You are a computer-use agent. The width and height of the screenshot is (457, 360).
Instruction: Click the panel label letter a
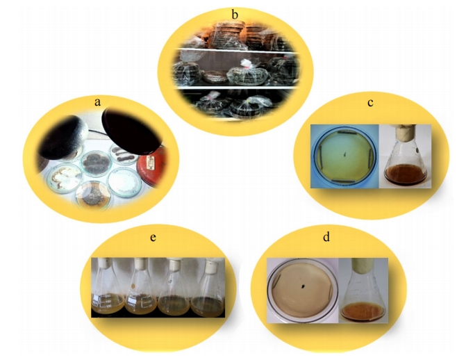coord(97,102)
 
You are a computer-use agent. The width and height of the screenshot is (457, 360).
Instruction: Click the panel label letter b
coord(235,15)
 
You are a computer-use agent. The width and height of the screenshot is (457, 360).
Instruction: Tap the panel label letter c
coord(370,103)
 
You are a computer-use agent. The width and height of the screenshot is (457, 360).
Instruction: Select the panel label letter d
coord(326,236)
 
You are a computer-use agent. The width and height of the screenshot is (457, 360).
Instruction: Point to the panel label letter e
coord(153,238)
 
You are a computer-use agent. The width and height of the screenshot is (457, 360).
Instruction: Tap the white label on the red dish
coord(151,162)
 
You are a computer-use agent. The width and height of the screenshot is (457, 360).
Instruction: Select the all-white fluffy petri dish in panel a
coord(124,182)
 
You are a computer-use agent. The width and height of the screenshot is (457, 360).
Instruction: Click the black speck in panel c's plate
coord(345,154)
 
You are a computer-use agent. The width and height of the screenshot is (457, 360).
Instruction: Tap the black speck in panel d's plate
coord(303,286)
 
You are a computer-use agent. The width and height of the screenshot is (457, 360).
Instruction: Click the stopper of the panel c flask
coord(406,131)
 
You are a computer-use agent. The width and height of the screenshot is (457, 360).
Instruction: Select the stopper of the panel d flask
coord(363,265)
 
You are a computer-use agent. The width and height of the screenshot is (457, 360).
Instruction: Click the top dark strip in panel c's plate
coord(347,133)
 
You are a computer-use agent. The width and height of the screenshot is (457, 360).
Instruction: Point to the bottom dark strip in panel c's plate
coord(343,181)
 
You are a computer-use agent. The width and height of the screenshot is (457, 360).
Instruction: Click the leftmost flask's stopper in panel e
coord(104,263)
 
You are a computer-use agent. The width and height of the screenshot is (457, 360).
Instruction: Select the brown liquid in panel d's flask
coord(363,312)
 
